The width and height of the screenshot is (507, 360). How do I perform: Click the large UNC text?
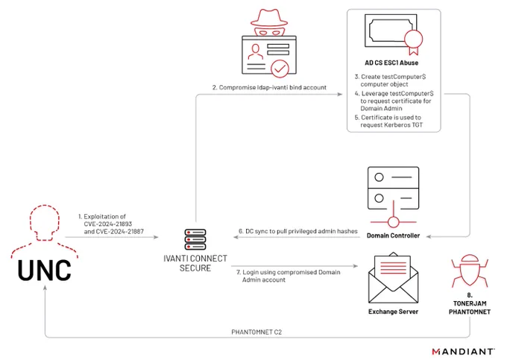44,270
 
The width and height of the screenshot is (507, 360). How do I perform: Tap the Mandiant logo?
463,351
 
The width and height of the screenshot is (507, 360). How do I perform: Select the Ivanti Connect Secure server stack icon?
195,239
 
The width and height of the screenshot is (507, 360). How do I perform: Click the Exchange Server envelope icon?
393,278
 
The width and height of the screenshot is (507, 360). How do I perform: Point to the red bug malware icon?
470,271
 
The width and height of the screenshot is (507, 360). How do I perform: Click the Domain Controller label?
393,236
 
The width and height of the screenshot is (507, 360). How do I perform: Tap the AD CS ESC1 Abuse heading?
391,63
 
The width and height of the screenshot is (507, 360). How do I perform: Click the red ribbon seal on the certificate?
413,42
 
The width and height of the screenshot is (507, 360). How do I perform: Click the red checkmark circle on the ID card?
280,69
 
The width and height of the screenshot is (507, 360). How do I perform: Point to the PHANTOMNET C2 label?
256,332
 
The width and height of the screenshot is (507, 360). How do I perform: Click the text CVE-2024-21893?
108,224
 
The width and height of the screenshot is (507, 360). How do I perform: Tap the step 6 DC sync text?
297,231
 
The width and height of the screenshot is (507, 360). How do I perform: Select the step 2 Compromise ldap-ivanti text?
269,87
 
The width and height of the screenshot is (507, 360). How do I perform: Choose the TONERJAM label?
470,303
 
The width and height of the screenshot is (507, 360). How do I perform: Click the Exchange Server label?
393,312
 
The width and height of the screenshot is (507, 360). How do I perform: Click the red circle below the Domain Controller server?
393,222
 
